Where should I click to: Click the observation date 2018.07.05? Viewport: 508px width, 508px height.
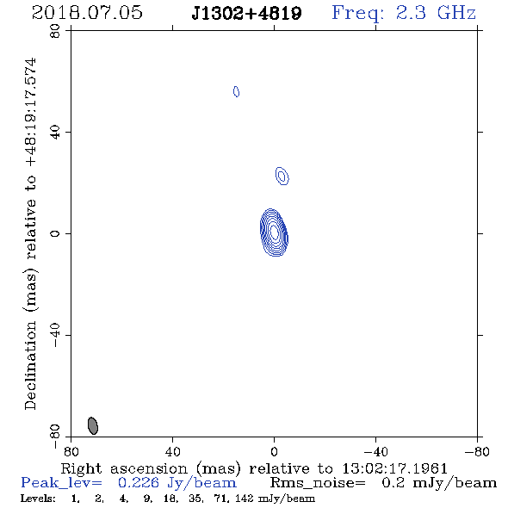pos(87,13)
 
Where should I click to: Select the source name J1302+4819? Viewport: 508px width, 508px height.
pos(246,14)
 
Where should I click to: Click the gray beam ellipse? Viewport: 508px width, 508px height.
pos(93,425)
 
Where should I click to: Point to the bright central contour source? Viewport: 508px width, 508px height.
pos(274,232)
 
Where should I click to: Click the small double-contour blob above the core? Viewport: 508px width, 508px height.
pos(282,176)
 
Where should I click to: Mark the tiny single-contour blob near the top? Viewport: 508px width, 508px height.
pos(236,91)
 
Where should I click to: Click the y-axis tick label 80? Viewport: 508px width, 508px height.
pos(55,31)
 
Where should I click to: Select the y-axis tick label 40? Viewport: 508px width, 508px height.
pos(55,133)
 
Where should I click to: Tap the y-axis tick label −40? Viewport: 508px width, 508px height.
pos(55,335)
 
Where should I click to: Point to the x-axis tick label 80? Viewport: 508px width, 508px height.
pos(71,452)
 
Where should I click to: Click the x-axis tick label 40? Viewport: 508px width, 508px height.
pos(172,452)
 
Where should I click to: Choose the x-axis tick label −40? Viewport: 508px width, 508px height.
pos(375,452)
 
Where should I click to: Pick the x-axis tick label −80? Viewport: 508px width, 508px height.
pos(477,452)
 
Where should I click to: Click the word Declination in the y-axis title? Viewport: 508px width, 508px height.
pos(30,366)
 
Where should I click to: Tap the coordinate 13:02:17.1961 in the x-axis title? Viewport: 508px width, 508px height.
pos(395,468)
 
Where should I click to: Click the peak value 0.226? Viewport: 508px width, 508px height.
pos(139,483)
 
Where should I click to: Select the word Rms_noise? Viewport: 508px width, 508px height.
pos(318,483)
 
